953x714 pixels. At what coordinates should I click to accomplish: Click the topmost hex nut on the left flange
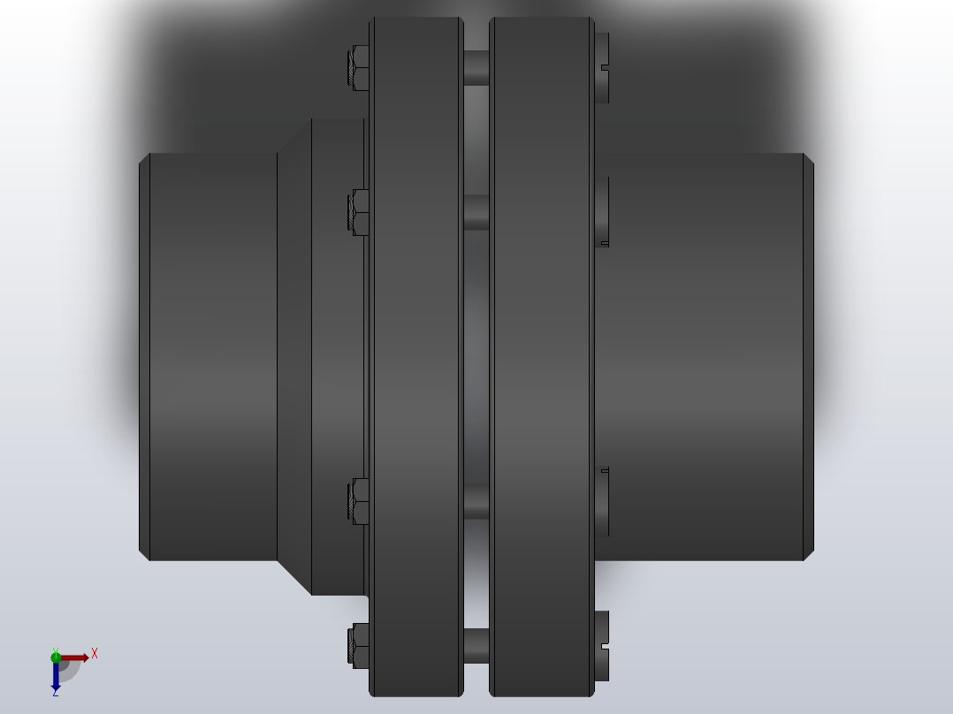360,68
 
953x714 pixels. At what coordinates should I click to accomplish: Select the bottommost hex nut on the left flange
360,645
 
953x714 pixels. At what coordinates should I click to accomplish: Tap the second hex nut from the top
360,213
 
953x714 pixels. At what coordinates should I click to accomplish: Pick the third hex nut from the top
360,502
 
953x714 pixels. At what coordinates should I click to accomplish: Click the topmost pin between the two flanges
476,68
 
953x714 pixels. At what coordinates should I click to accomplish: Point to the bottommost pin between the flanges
476,645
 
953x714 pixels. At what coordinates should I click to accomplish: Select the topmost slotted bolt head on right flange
602,68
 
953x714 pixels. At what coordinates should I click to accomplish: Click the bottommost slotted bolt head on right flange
602,645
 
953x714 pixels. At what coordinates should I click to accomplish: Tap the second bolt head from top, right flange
602,212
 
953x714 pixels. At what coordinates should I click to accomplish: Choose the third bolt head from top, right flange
602,502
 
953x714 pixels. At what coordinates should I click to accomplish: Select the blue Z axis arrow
56,677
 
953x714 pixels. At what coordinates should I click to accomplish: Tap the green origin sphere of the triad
56,657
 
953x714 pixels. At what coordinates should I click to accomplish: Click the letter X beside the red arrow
95,654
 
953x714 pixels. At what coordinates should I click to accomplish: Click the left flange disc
416,357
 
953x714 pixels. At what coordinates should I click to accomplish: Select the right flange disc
541,357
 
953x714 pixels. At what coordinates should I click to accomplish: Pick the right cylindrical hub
707,357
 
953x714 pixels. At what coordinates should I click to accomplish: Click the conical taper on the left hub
294,357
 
